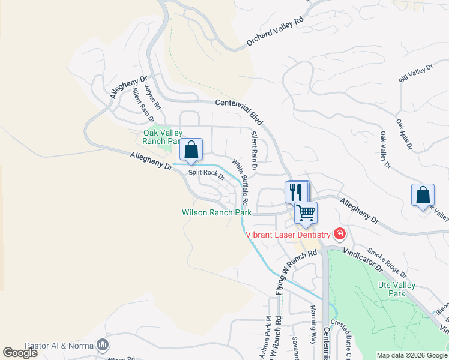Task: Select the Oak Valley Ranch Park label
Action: point(162,137)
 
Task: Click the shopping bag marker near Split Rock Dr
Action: point(191,149)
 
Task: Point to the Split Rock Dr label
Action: point(206,175)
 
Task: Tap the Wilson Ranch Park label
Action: point(217,212)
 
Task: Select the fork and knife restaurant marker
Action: point(295,192)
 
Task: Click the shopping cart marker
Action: point(306,212)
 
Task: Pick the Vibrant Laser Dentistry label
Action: point(289,234)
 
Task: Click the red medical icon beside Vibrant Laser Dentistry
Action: point(340,233)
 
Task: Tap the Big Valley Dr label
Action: point(415,74)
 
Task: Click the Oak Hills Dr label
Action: point(405,133)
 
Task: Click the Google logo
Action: point(20,353)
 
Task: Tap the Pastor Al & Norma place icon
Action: point(103,345)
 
